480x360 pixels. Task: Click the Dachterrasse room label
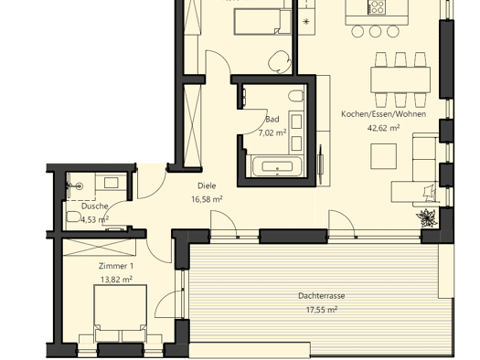(322, 296)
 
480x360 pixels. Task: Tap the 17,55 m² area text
(322, 310)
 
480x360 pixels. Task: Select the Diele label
(207, 185)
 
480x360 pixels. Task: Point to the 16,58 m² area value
(207, 199)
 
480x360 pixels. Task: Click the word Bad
(272, 120)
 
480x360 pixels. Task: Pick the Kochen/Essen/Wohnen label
(384, 114)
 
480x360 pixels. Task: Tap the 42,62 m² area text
(383, 128)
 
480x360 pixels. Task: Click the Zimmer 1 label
(116, 266)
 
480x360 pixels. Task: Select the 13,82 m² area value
(116, 280)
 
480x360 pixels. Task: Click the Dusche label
(94, 206)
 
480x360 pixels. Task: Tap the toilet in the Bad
(296, 96)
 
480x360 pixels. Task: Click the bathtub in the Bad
(277, 166)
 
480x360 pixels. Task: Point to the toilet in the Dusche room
(73, 217)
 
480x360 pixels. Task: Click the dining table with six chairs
(400, 79)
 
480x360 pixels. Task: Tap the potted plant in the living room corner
(426, 217)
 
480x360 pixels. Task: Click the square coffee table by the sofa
(384, 156)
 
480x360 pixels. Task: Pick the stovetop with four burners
(377, 7)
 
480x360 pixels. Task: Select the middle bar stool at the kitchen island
(375, 31)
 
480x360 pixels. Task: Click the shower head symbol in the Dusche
(80, 185)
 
